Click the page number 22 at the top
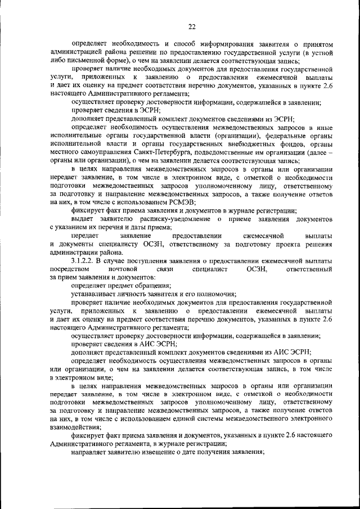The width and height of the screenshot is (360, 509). pos(191,26)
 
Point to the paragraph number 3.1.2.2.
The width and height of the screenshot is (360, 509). pos(83,262)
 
